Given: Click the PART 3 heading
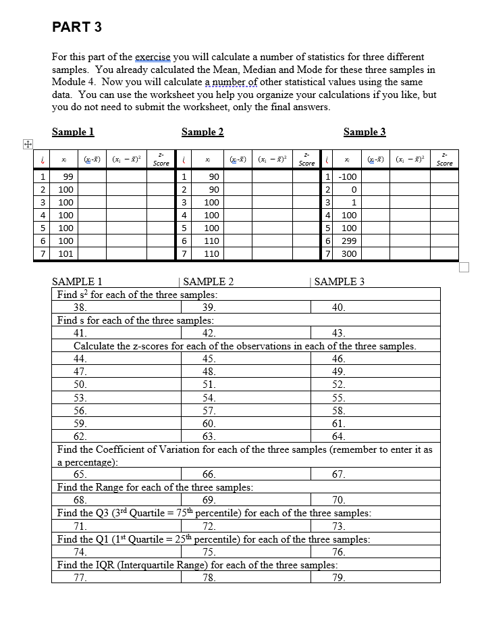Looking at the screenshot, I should [x=77, y=28].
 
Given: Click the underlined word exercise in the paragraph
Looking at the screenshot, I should [x=153, y=57].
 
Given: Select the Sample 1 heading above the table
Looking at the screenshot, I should [x=73, y=132].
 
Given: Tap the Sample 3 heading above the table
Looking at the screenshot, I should [x=365, y=132].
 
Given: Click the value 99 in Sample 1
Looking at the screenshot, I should [x=67, y=176].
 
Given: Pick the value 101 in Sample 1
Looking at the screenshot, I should [x=67, y=253].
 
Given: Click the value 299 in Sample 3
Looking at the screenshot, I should [x=349, y=241].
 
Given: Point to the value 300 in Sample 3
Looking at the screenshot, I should [x=349, y=253].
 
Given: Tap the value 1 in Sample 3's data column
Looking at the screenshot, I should [x=354, y=202].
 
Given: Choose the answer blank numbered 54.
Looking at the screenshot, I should [x=209, y=397].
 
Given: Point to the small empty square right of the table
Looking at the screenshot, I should [x=463, y=267].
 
